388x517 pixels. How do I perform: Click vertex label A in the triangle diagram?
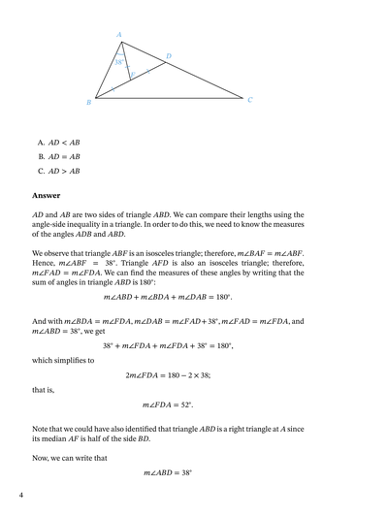(119, 35)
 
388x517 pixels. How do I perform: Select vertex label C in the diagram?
(250, 99)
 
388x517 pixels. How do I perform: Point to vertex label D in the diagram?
(168, 56)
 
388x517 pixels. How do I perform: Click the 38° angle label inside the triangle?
(119, 61)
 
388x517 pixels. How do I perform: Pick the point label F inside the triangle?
(132, 74)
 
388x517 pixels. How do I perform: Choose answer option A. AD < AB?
(58, 142)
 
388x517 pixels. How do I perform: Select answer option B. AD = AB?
(58, 156)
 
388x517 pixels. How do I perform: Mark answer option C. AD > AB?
(58, 171)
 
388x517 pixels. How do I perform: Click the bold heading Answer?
(47, 195)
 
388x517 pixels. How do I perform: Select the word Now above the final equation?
(42, 450)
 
